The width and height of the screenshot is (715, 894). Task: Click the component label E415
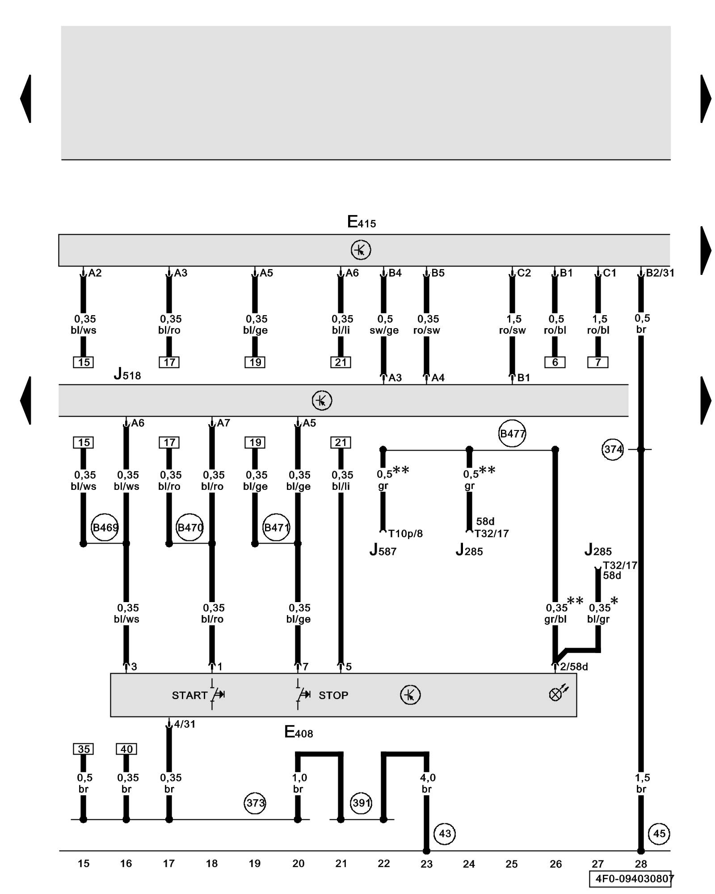click(x=361, y=222)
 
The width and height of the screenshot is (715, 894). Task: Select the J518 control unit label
click(x=127, y=374)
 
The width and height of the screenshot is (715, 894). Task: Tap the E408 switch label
click(x=299, y=732)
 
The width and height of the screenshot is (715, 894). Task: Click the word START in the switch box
click(x=189, y=695)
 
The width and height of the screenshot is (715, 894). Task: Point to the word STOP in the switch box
click(x=333, y=695)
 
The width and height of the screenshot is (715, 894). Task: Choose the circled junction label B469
click(x=105, y=527)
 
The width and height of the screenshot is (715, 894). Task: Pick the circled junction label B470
click(x=190, y=527)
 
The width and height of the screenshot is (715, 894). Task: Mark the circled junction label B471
click(x=277, y=527)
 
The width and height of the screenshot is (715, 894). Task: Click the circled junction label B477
click(x=512, y=433)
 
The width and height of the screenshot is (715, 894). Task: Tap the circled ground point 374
click(x=613, y=449)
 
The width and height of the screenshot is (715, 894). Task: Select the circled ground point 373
click(x=256, y=803)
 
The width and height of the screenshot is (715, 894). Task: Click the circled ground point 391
click(x=362, y=803)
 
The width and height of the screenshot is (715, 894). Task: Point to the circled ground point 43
click(x=445, y=834)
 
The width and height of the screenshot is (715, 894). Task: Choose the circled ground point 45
click(x=659, y=834)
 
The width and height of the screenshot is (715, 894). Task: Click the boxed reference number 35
click(x=84, y=749)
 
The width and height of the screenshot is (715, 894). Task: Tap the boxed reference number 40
click(x=126, y=749)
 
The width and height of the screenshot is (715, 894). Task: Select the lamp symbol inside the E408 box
click(x=557, y=694)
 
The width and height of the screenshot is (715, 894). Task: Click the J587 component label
click(x=383, y=550)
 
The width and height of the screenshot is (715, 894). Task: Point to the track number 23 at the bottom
click(x=426, y=864)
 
